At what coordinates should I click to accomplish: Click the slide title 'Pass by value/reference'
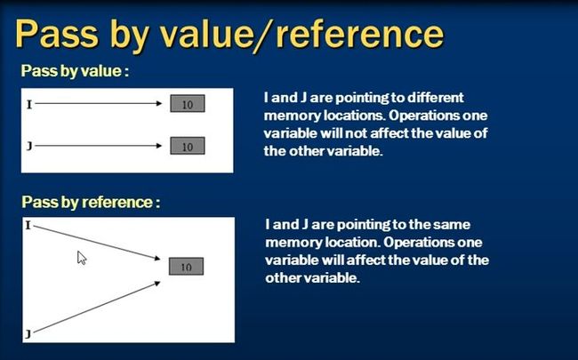pyautogui.click(x=229, y=35)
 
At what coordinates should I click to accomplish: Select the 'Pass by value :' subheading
pyautogui.click(x=75, y=71)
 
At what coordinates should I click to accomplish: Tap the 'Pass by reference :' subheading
pyautogui.click(x=91, y=202)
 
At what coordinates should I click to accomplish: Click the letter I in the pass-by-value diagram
pyautogui.click(x=29, y=105)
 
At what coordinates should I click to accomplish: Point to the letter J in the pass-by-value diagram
pyautogui.click(x=29, y=147)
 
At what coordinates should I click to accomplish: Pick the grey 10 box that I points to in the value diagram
pyautogui.click(x=188, y=103)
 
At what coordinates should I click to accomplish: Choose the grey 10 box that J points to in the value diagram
pyautogui.click(x=188, y=146)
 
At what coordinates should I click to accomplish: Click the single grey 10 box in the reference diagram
pyautogui.click(x=186, y=266)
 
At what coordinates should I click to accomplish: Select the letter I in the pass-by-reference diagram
pyautogui.click(x=28, y=225)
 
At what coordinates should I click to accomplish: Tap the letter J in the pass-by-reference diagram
pyautogui.click(x=28, y=334)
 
